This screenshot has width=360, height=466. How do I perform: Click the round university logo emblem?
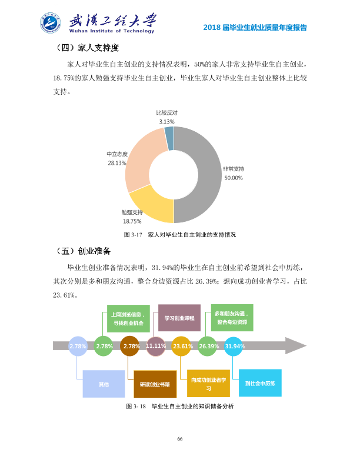pos(51,23)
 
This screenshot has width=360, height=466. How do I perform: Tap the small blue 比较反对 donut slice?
pos(169,138)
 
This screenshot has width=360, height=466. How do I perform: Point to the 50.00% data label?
pos(234,178)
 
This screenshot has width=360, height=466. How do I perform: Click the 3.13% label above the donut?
pos(166,122)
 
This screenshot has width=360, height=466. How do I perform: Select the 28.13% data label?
pos(117,163)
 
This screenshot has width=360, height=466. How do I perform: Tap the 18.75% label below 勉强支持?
pos(132,221)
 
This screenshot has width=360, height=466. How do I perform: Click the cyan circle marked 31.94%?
pos(234,346)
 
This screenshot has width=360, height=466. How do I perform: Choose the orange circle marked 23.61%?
pos(182,346)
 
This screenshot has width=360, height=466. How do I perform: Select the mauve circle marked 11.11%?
pos(156,346)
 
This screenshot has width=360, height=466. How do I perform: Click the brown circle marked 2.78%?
pos(130,346)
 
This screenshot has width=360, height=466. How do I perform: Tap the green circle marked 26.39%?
pos(208,346)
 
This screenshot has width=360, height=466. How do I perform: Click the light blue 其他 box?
pos(104,384)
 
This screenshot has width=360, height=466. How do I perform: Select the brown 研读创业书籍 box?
pos(155,384)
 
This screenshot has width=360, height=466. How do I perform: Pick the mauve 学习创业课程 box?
pos(179,318)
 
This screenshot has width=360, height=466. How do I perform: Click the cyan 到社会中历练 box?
pos(260,383)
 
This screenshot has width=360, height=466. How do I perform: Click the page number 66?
pos(179,439)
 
